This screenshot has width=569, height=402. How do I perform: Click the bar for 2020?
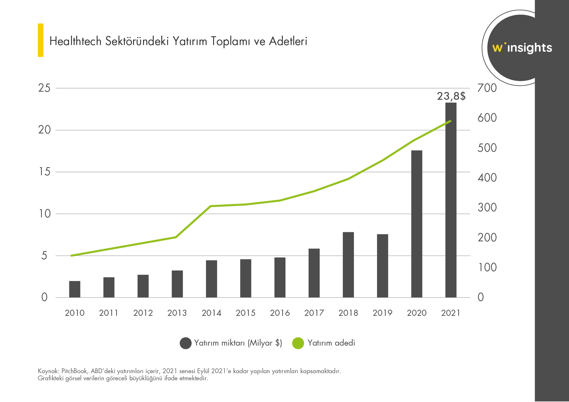point(417,224)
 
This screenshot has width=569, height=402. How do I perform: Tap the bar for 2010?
point(75,289)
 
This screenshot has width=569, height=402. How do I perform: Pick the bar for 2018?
point(348,265)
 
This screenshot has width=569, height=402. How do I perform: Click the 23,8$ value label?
point(451,96)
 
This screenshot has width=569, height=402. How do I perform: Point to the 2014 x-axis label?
point(211,313)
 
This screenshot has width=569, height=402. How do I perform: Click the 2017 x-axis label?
point(314,313)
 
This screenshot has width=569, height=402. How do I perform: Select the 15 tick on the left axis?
point(44,172)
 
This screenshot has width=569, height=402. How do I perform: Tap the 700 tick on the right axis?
point(487,88)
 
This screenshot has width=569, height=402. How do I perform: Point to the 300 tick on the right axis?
point(487,207)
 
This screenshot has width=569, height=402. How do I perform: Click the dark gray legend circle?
point(186,343)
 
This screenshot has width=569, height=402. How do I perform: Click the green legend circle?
point(298,343)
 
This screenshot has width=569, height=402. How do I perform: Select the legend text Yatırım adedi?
point(331,343)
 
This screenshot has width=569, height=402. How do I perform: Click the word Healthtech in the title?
point(76,41)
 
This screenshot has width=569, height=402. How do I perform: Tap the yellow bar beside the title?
point(41,40)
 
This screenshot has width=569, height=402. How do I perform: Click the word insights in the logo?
point(529,48)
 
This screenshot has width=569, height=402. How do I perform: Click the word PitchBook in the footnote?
point(74,371)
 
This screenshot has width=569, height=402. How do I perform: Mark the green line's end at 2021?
point(451,121)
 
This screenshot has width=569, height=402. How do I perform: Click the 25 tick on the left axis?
point(44,88)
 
